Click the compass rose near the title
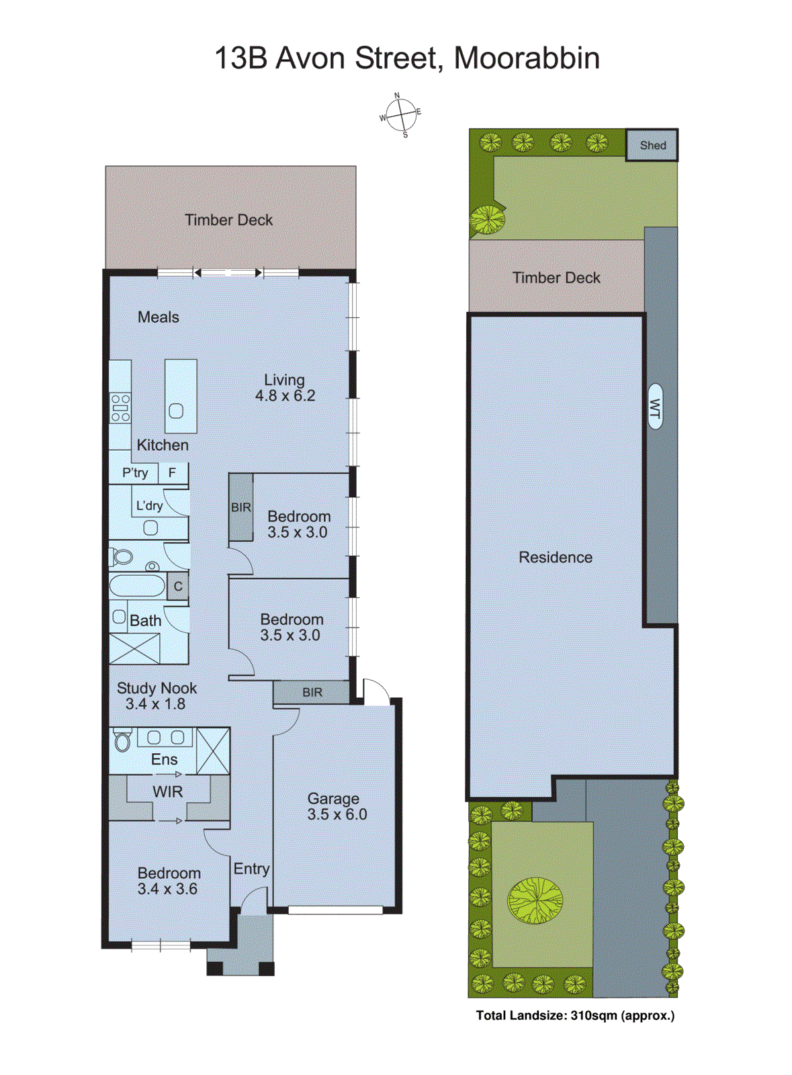[x=401, y=115]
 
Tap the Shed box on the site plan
[x=652, y=145]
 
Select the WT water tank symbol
[x=655, y=406]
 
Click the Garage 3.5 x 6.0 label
[x=336, y=806]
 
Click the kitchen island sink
[x=176, y=411]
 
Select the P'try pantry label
[x=135, y=473]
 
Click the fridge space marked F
[x=172, y=473]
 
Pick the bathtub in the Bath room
[x=137, y=586]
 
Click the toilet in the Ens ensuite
[x=122, y=740]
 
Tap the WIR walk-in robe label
[x=167, y=791]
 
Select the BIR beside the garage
[x=312, y=692]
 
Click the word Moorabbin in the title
[x=527, y=58]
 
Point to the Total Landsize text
[x=575, y=1015]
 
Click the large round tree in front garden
[x=535, y=900]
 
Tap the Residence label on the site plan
[x=556, y=557]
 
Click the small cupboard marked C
[x=178, y=587]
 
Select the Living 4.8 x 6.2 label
[x=285, y=388]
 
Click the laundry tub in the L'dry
[x=151, y=527]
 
